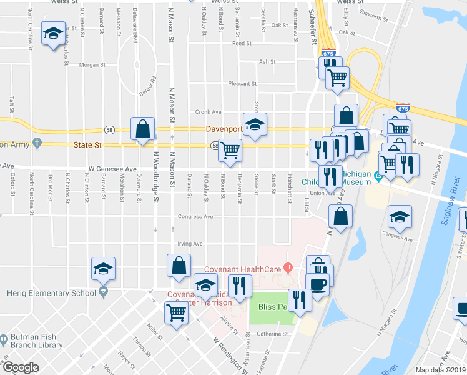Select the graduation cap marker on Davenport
click(255, 124)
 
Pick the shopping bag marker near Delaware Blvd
click(143, 129)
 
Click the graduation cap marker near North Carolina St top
click(54, 34)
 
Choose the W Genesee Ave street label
click(112, 169)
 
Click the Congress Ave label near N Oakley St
click(195, 217)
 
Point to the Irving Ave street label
click(190, 244)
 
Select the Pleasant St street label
click(242, 83)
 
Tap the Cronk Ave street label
click(208, 112)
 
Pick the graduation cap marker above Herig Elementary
click(103, 269)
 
